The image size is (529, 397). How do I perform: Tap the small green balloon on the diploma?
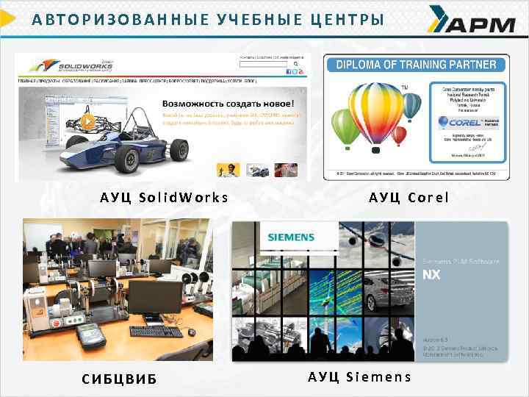click(346, 126)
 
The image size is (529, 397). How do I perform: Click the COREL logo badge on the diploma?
click(464, 123)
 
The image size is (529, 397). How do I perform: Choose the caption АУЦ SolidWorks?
click(165, 197)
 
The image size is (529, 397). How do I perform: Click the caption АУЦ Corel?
click(409, 197)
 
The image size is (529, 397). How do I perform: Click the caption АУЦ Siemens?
click(360, 377)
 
